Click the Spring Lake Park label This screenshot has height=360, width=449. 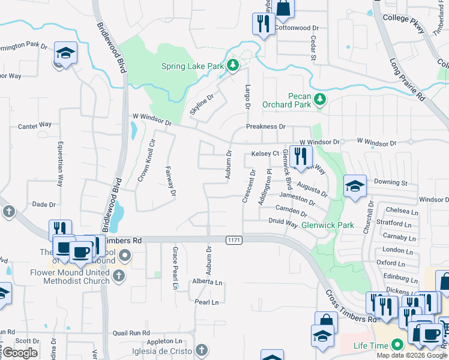[192, 66]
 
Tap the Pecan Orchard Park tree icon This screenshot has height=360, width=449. [321, 97]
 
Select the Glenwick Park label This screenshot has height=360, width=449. [327, 224]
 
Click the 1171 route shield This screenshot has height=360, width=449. [235, 240]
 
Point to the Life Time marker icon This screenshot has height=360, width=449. [396, 345]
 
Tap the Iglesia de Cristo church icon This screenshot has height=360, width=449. [202, 350]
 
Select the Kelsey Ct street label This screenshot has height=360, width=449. [265, 154]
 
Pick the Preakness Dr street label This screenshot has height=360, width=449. [266, 127]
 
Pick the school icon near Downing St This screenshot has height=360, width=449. [355, 187]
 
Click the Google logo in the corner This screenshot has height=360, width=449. [20, 353]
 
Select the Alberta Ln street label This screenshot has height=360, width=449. [207, 282]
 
